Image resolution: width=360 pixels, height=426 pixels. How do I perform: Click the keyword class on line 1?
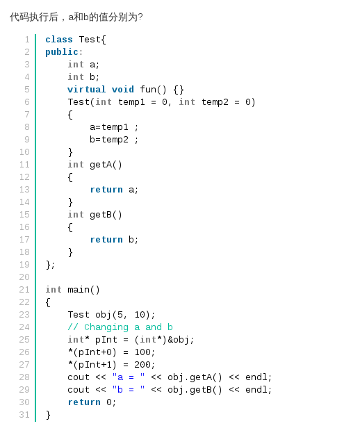pyautogui.click(x=59, y=40)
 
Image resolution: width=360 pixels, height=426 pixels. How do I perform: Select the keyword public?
pyautogui.click(x=62, y=52)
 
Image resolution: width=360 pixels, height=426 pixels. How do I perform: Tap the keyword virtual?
pyautogui.click(x=87, y=90)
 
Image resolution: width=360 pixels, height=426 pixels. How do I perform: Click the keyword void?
pyautogui.click(x=123, y=90)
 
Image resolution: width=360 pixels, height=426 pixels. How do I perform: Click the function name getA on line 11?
pyautogui.click(x=101, y=165)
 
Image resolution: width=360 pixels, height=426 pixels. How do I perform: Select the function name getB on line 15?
pyautogui.click(x=101, y=215)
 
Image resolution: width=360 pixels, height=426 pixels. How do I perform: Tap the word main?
pyautogui.click(x=79, y=290)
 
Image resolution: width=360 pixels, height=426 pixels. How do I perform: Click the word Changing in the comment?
pyautogui.click(x=106, y=327)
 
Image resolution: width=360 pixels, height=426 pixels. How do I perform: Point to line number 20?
pyautogui.click(x=24, y=277)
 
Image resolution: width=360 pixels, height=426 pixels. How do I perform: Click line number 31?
pyautogui.click(x=24, y=415)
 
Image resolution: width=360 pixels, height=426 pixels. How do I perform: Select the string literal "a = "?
pyautogui.click(x=129, y=377)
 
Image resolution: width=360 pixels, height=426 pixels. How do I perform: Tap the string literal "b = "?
pyautogui.click(x=129, y=390)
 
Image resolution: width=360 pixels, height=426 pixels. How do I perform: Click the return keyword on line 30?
pyautogui.click(x=84, y=402)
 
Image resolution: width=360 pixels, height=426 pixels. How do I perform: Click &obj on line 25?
pyautogui.click(x=178, y=340)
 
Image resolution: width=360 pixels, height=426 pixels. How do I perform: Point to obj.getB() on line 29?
pyautogui.click(x=195, y=390)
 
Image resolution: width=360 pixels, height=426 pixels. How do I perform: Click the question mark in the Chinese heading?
pyautogui.click(x=140, y=17)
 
